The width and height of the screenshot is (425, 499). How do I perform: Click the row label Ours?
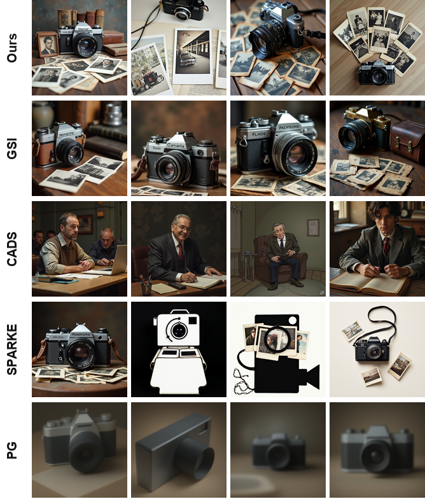11,48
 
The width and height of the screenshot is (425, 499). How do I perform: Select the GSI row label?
11,148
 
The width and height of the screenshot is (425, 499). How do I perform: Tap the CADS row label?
11,248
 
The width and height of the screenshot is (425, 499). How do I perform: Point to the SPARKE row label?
11,349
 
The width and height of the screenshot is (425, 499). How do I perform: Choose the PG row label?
11,449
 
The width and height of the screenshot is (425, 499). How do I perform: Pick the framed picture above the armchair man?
312,227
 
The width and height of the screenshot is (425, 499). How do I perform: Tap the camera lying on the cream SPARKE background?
372,349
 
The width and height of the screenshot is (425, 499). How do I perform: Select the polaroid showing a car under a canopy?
193,55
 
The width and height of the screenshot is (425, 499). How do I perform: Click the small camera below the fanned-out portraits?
376,73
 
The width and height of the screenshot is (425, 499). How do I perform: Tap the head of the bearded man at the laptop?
67,224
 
